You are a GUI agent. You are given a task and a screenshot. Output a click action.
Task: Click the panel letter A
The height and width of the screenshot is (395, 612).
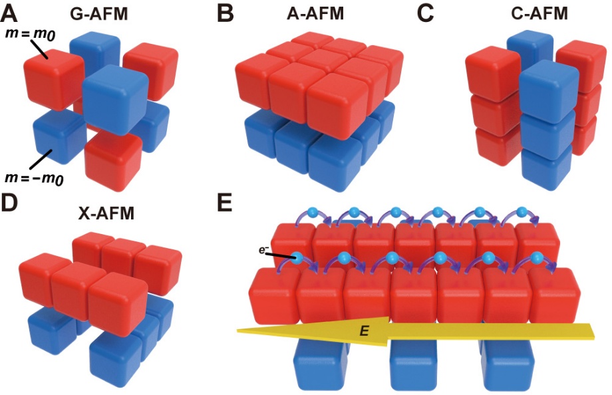(9, 14)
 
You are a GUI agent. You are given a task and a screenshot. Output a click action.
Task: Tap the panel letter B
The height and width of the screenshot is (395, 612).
(226, 14)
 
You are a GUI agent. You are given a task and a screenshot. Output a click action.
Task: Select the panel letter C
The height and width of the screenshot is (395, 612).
(426, 14)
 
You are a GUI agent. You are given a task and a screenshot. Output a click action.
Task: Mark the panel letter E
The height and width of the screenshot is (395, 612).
(224, 202)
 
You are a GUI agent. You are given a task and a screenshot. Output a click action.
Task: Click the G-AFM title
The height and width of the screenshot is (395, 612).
(98, 14)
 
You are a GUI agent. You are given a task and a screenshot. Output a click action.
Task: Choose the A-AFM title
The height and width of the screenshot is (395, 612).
(315, 14)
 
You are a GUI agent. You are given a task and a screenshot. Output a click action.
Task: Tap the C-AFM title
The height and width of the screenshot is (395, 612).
(539, 14)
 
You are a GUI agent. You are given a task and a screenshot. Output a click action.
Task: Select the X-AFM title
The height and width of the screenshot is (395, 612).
(106, 213)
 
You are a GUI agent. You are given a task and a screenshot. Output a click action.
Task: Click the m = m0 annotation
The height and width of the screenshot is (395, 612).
(30, 35)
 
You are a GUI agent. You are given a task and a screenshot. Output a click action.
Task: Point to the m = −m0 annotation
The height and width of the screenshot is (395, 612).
(35, 178)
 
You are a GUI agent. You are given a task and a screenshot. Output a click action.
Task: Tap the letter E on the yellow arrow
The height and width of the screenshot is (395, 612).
(364, 331)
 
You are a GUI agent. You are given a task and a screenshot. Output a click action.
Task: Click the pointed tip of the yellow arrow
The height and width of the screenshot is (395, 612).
(237, 331)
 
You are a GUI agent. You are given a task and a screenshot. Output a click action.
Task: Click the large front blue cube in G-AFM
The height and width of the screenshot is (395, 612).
(116, 100)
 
